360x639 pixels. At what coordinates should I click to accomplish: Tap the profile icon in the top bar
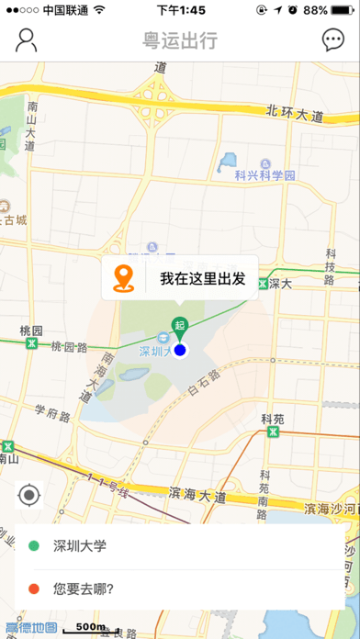coord(27,40)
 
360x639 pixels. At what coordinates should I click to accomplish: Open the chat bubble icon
coord(332,40)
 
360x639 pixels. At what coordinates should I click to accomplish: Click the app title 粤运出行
coord(180,40)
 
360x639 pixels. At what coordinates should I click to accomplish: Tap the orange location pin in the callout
coord(124,277)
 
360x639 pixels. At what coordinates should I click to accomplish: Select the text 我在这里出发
coord(202,278)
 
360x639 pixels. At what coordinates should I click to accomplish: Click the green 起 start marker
coord(180,327)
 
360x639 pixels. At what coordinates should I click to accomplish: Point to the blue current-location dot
coord(180,350)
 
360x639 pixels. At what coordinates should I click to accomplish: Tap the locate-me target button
coord(29,497)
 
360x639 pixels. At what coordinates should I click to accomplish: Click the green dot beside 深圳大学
coord(34,546)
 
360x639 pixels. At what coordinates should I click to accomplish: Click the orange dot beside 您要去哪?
coord(34,589)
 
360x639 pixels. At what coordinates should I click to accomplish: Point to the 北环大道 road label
coord(296,114)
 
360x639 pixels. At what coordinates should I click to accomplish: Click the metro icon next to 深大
coord(262,284)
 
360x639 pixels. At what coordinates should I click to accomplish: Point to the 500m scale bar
coord(89,628)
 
